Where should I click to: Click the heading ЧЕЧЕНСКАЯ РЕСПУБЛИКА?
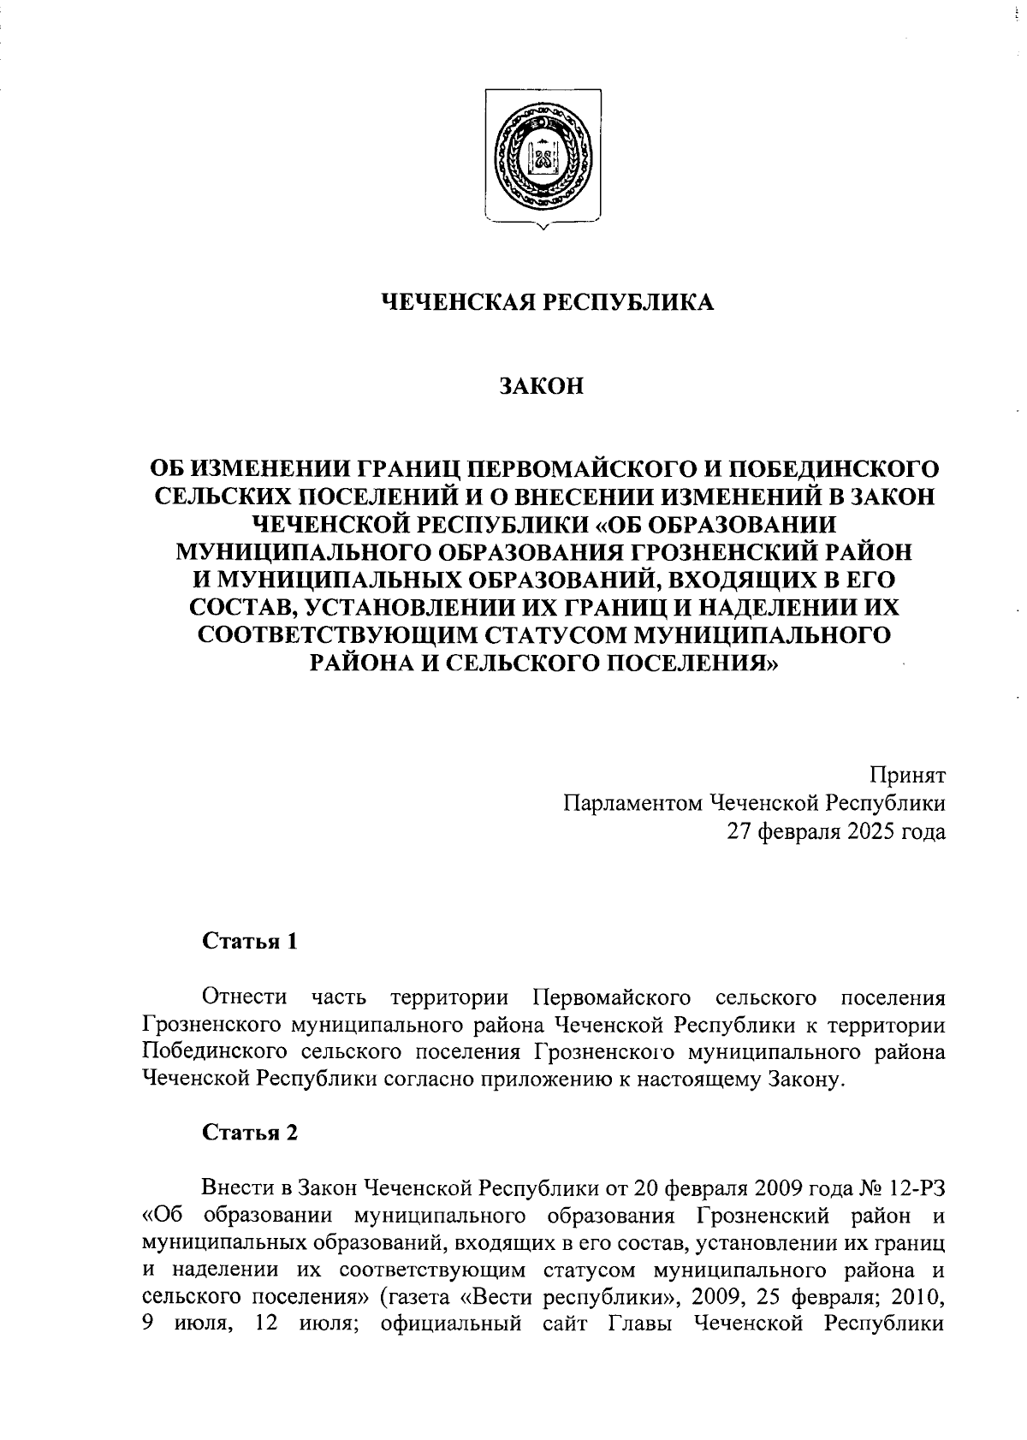[546, 302]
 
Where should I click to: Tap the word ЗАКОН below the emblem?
[542, 386]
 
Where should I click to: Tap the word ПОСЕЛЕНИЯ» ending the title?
[692, 662]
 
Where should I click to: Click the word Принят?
[908, 776]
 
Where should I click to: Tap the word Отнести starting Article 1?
[244, 997]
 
